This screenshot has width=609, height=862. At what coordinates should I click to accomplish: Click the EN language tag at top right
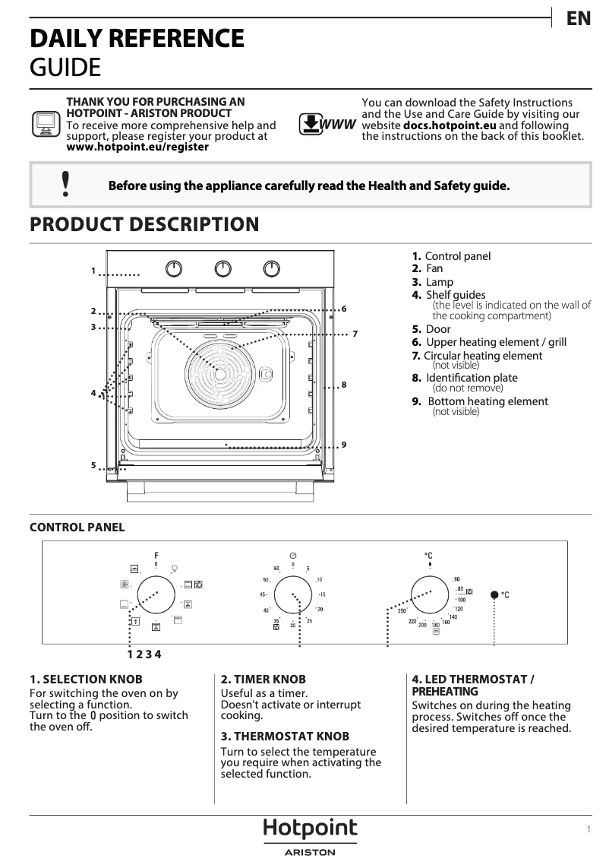coord(579,19)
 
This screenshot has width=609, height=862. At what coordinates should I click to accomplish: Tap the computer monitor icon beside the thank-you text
coord(46,123)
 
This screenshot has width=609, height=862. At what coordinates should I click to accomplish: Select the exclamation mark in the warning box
coord(66,184)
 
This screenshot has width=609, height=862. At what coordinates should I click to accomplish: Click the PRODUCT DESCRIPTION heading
coord(144,224)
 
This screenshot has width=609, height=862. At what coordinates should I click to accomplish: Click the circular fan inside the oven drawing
coord(219,372)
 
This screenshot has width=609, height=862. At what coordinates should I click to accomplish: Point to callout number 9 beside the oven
coord(344,445)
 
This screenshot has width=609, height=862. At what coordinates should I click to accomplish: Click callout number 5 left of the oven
coord(93,465)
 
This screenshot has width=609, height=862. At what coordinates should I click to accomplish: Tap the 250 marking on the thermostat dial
coord(402,611)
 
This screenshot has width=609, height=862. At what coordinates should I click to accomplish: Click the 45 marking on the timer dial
coord(263,594)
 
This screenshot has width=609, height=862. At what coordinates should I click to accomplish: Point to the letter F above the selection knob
coord(156,555)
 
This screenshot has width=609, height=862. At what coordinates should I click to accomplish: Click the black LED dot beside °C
coord(494,594)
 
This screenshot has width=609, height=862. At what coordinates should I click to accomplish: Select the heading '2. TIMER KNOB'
coord(263,679)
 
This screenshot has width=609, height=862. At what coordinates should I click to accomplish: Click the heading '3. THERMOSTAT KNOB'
coord(285,736)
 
